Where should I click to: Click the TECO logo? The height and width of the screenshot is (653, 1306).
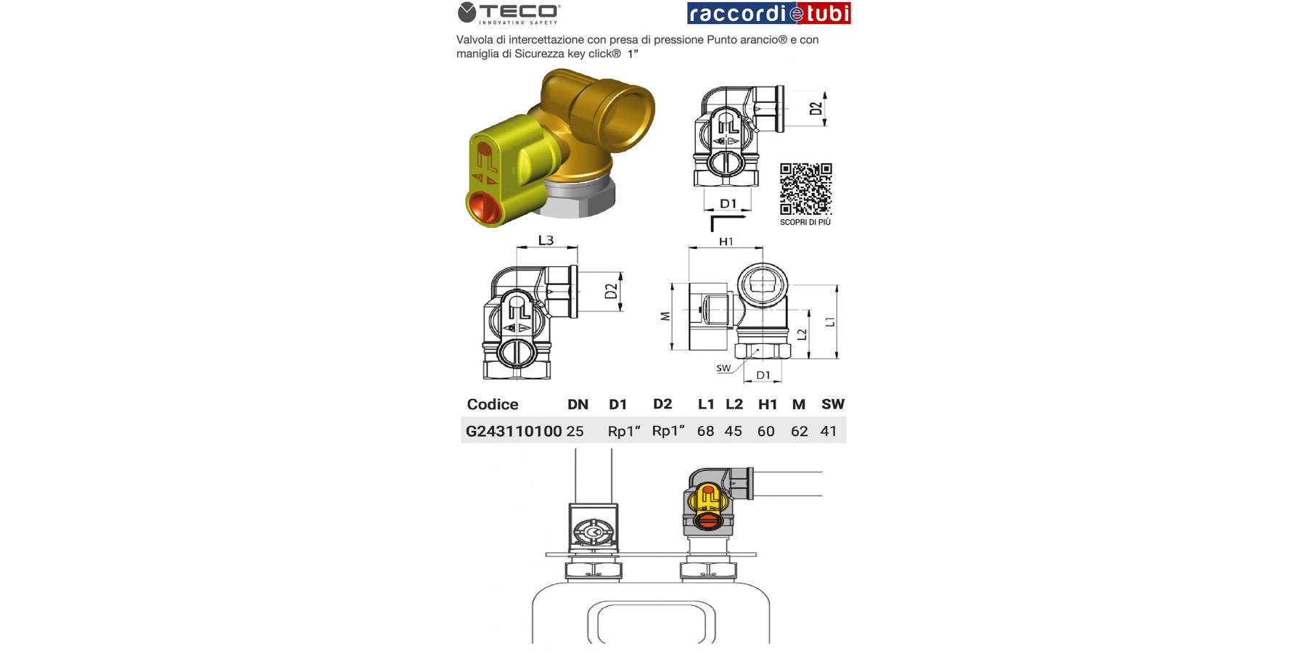pos(509,13)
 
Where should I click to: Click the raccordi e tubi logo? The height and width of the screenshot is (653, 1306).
pos(768,13)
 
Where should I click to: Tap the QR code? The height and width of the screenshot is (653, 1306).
pos(805,189)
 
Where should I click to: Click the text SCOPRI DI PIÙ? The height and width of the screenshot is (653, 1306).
pos(805,222)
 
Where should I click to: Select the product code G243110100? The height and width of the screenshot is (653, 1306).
pos(514,431)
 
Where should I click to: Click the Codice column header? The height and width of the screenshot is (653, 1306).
pos(493,404)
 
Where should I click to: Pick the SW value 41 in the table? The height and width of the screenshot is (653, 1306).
pos(829,431)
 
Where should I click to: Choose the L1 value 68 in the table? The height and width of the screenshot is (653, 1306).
pos(705,431)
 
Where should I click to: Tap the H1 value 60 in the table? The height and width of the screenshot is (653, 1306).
pos(765,431)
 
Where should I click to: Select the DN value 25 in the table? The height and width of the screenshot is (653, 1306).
pos(575,431)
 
